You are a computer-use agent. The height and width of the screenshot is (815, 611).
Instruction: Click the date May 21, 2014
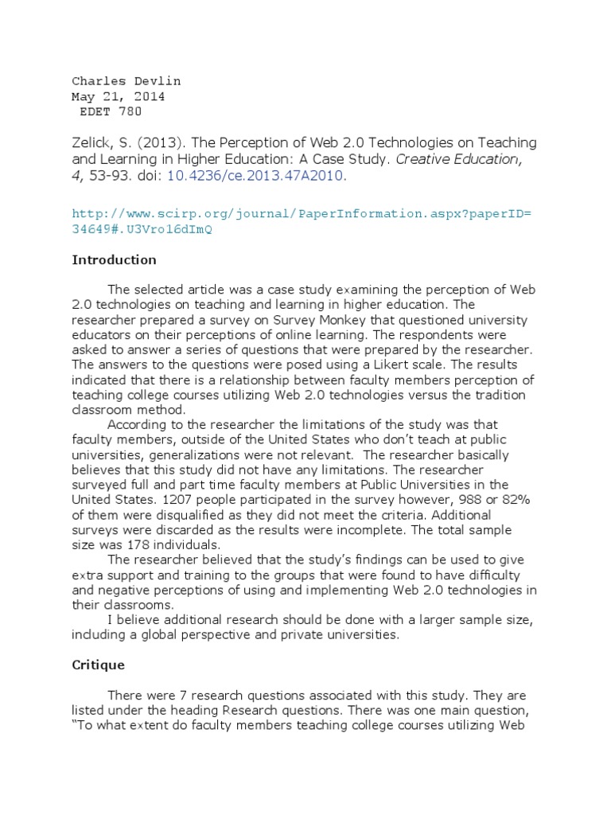(119, 96)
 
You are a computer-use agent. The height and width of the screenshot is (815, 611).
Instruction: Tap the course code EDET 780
(111, 111)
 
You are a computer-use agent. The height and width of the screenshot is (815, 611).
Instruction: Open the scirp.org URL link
(301, 221)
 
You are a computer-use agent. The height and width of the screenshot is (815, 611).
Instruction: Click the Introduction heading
(114, 260)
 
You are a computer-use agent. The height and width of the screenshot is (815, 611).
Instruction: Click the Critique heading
(98, 664)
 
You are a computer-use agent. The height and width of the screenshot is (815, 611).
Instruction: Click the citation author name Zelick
(91, 142)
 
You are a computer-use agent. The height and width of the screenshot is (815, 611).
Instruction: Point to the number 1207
(178, 500)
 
